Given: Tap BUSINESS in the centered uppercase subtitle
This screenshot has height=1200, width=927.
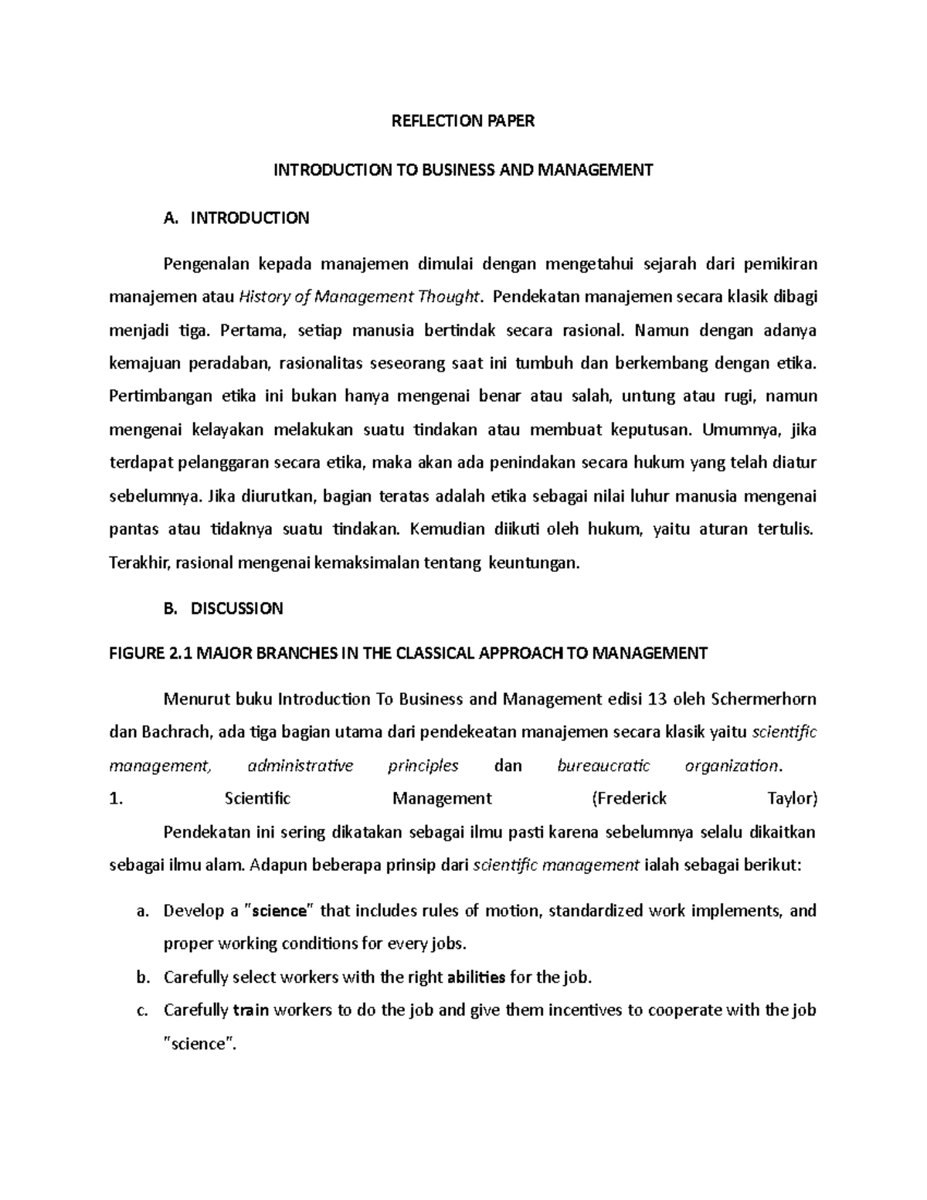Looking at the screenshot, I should click(x=454, y=170).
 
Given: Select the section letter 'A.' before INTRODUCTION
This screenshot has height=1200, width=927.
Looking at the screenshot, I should click(x=171, y=218).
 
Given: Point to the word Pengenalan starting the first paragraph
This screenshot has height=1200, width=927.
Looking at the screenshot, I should click(x=206, y=264).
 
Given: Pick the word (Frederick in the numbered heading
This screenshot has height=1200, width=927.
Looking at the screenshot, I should click(x=629, y=798).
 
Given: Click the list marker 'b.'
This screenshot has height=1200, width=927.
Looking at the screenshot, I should click(x=141, y=977).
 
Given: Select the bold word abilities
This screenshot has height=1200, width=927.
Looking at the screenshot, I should click(x=477, y=977).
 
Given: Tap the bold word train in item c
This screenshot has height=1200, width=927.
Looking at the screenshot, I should click(x=250, y=1011).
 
